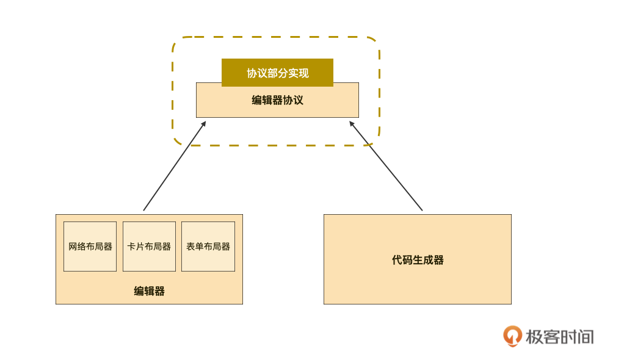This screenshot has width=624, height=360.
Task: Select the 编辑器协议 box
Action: point(277,107)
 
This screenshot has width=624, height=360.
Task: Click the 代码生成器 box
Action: point(418,281)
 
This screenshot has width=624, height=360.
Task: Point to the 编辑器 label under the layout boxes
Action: point(149,291)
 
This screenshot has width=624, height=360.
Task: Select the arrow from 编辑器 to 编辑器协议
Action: point(174,167)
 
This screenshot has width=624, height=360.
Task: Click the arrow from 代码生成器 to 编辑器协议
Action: point(386,167)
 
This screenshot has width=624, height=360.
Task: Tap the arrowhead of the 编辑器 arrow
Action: point(204,123)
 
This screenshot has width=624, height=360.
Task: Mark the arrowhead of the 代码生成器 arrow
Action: point(352,123)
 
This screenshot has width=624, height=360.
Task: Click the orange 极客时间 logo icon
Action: point(512,336)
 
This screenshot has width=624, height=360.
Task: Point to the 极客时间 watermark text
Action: point(559,336)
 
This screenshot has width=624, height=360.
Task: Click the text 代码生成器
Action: point(418,260)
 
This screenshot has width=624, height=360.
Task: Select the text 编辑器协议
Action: point(277,100)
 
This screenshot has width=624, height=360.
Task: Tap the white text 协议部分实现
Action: point(277,73)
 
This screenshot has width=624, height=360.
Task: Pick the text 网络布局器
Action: point(90,247)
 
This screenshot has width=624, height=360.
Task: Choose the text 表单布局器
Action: point(208,247)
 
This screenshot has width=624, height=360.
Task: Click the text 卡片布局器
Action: point(149,247)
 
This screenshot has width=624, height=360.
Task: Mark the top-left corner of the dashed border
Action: point(177,41)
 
